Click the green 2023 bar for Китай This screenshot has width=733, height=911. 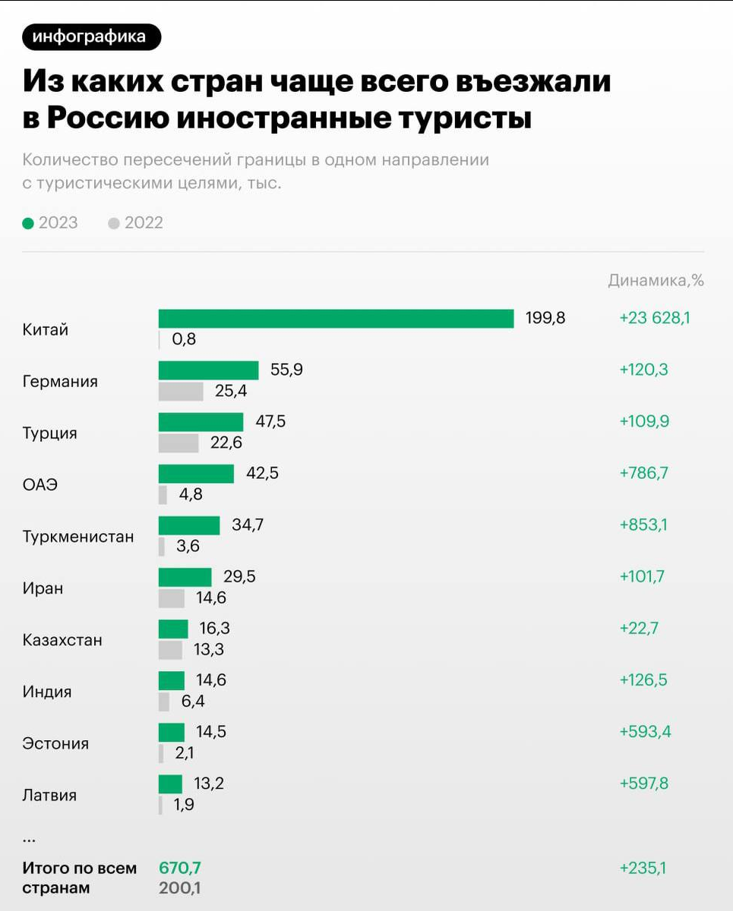coord(336,319)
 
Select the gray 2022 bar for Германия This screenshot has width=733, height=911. coord(181,392)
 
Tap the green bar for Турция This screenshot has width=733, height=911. coord(201,422)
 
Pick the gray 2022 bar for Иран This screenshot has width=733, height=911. coord(172,598)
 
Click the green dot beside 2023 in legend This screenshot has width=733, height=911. coord(28,223)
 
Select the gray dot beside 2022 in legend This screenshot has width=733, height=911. coord(114,223)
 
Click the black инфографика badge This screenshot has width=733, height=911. coord(92,36)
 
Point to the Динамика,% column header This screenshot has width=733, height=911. coord(656,281)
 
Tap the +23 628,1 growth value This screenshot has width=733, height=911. coord(655,318)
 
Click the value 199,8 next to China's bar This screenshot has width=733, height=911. coord(545,318)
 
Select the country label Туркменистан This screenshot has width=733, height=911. coord(77,537)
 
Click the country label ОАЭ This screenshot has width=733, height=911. coord(39,485)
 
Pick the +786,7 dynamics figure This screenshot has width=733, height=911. coord(644,474)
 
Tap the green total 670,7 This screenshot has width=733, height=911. coord(180,868)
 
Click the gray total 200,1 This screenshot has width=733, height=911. coord(180,888)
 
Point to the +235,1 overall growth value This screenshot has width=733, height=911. coord(643,868)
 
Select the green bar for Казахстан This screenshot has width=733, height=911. coord(173,629)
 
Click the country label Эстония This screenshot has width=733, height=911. coord(55,744)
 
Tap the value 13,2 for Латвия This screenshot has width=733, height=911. coord(209,783)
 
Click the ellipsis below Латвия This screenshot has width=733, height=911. coord(30,839)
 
